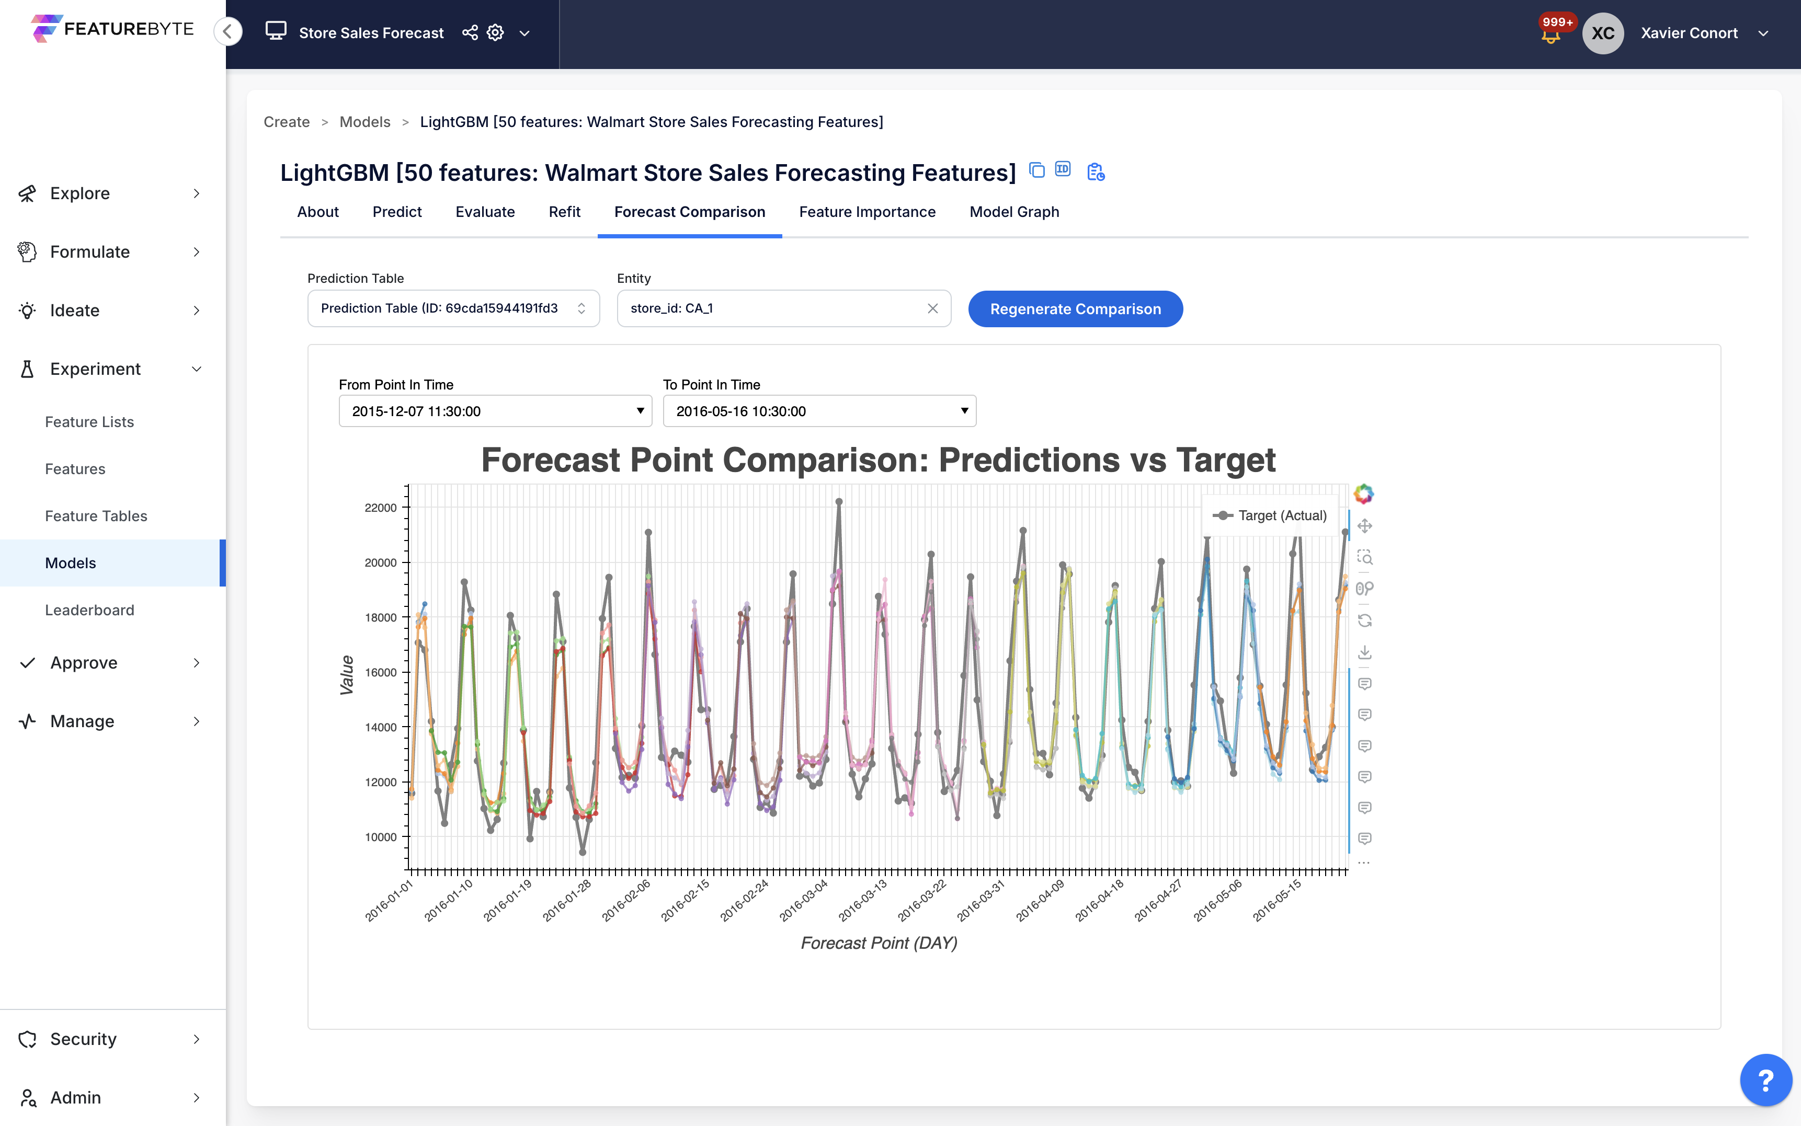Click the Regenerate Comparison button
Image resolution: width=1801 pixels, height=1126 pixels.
[x=1075, y=309]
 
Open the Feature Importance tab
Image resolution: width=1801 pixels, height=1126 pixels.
[x=867, y=212]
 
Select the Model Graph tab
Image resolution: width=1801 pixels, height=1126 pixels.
[x=1013, y=212]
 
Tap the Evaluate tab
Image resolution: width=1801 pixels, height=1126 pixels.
[x=485, y=212]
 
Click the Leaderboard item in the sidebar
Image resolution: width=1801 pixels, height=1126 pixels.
[x=89, y=610]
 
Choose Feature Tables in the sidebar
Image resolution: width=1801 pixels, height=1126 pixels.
[x=96, y=516]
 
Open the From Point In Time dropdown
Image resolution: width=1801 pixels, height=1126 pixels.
[x=495, y=411]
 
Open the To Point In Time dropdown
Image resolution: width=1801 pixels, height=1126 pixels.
[x=818, y=411]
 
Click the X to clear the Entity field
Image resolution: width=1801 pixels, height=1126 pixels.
[x=932, y=308]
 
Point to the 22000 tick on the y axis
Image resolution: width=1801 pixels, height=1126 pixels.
[x=381, y=508]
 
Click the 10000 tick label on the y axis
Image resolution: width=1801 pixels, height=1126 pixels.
[x=381, y=837]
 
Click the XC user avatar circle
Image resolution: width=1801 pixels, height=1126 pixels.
[x=1603, y=33]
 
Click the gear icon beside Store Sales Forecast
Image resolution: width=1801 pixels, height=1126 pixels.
[x=495, y=33]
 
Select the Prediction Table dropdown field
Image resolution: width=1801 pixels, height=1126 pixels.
[x=453, y=308]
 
